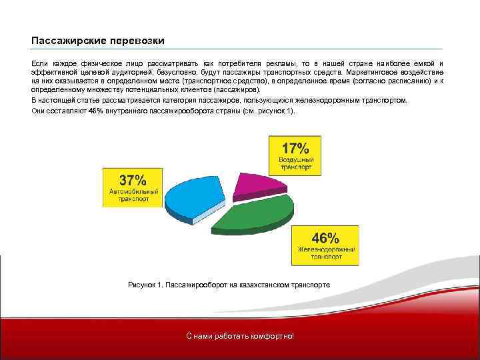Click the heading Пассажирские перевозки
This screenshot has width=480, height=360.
97,41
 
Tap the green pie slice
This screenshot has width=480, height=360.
257,213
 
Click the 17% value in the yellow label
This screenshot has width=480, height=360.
295,148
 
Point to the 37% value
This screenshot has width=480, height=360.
132,180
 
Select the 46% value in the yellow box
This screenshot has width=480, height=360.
326,237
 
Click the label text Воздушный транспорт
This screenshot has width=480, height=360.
295,165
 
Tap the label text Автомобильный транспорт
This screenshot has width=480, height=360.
133,195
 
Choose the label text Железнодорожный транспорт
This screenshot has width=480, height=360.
326,253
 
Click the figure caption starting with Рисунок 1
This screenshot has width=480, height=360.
229,285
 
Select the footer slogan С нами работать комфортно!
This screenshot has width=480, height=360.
239,335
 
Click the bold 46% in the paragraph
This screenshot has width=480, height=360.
96,111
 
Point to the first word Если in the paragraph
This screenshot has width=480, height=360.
39,62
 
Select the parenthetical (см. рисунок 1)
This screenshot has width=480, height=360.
269,111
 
